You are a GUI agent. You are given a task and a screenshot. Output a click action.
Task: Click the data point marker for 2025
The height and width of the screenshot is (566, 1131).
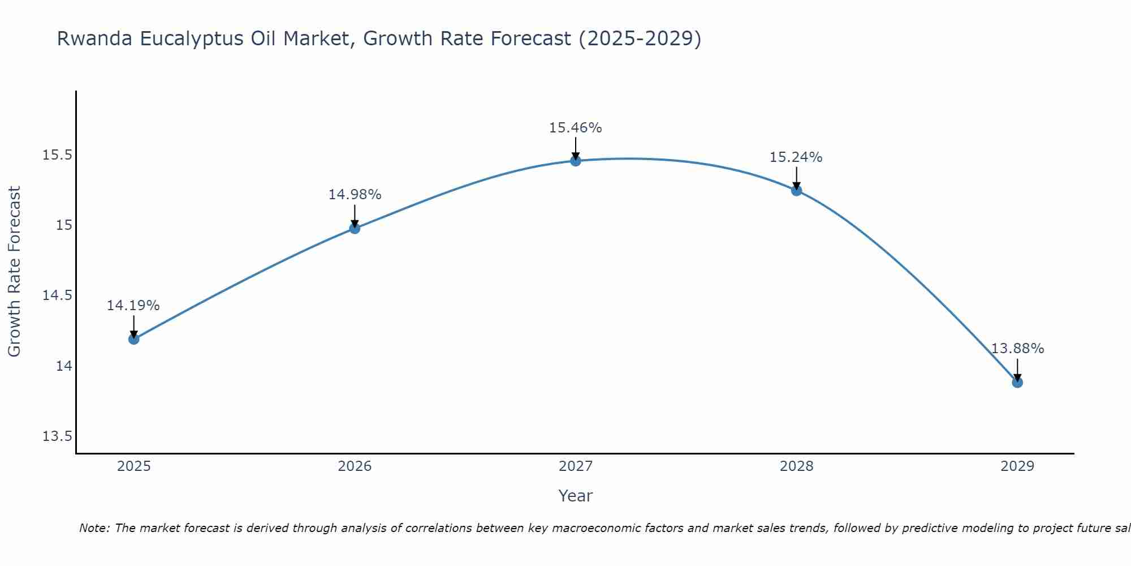[134, 339]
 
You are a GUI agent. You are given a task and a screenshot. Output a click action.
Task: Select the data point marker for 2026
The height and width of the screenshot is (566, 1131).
[355, 228]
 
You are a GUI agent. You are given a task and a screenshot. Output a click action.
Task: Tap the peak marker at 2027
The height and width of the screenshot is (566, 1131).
[576, 161]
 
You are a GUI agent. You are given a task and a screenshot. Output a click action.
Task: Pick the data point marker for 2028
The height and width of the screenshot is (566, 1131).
[796, 191]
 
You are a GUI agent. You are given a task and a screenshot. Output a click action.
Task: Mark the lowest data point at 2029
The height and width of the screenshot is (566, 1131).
[1017, 383]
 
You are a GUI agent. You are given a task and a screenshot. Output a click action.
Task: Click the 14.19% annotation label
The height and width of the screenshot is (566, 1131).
[133, 306]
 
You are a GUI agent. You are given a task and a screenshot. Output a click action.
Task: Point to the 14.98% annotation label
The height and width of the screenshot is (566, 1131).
[355, 195]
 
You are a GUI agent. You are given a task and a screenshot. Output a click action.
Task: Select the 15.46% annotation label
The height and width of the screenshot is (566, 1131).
[575, 128]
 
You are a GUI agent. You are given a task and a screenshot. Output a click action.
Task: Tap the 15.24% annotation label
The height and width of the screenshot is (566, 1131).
[796, 157]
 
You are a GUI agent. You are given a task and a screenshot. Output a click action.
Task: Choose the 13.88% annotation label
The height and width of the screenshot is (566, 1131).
[1017, 349]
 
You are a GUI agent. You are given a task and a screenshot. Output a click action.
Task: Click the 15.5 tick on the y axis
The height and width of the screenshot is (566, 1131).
[58, 155]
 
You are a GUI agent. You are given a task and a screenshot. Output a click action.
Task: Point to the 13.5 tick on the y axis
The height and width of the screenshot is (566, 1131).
[58, 436]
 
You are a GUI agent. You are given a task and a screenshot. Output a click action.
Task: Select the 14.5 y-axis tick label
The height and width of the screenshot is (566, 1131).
[58, 295]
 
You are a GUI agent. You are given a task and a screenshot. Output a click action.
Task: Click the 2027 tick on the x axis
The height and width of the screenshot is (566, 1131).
[576, 466]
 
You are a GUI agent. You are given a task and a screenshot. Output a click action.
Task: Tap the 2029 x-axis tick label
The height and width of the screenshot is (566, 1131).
[1017, 466]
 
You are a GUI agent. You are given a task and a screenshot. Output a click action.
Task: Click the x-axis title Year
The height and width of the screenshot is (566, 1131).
[575, 496]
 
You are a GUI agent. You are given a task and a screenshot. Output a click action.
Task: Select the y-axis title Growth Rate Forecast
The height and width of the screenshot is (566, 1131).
[15, 272]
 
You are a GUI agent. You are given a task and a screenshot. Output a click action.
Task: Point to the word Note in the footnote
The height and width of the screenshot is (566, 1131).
[94, 528]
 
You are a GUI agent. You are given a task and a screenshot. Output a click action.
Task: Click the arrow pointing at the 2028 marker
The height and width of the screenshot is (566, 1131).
[796, 177]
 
